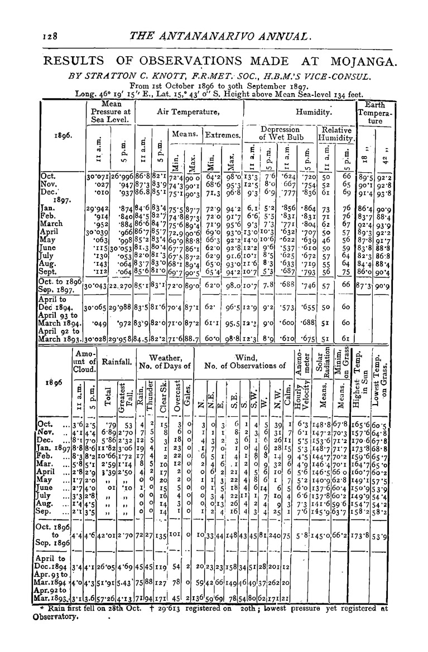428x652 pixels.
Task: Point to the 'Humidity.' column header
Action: (314, 111)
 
